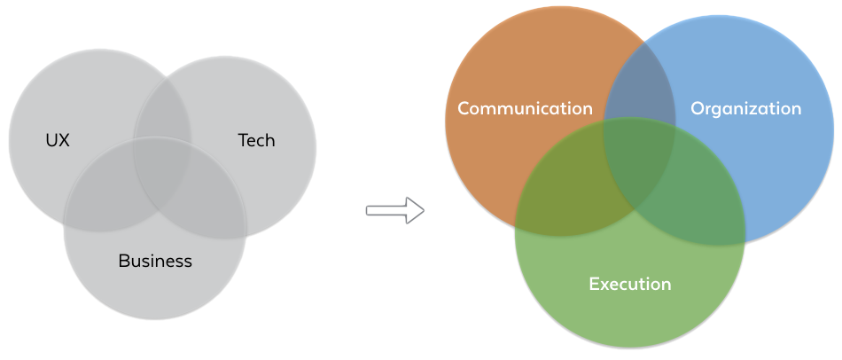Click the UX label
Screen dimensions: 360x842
click(58, 140)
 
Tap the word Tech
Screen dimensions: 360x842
click(256, 140)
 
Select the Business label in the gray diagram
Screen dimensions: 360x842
click(155, 261)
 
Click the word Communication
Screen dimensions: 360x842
click(525, 108)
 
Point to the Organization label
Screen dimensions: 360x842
click(745, 108)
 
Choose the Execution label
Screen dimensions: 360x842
click(629, 284)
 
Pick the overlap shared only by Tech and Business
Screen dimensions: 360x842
click(217, 200)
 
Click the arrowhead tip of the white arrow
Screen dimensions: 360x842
click(423, 211)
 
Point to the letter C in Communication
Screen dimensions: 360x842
click(464, 108)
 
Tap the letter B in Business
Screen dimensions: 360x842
click(124, 261)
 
